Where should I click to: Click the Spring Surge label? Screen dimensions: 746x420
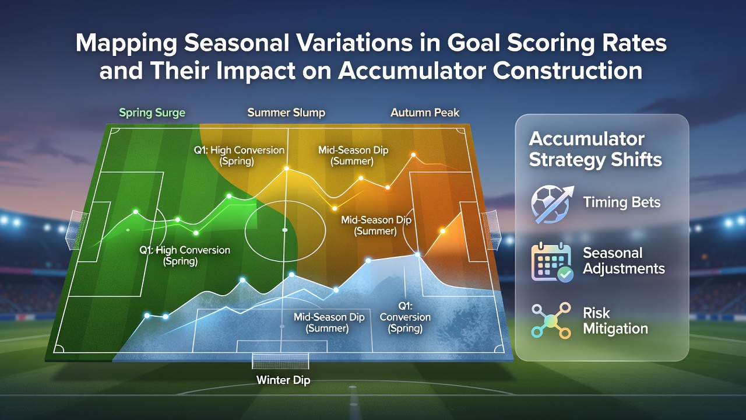(152, 113)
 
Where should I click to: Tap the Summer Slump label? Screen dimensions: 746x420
(286, 113)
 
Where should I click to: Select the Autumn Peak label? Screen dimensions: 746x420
(425, 113)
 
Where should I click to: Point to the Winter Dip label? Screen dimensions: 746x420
(283, 380)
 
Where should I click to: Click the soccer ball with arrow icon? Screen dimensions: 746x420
(552, 204)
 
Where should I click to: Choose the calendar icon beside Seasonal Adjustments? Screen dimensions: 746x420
(552, 262)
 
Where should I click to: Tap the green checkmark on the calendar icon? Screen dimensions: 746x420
(565, 274)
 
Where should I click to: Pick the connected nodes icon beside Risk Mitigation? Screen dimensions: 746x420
(551, 320)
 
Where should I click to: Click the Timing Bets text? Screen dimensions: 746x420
(621, 202)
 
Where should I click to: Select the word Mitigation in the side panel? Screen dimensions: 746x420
(615, 328)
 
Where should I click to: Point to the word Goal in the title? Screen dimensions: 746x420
(478, 43)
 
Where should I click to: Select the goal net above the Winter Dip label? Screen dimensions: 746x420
(280, 361)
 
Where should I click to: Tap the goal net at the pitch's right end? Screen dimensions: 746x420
(491, 230)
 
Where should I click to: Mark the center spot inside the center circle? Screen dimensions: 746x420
(285, 230)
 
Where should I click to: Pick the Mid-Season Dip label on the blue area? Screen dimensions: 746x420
(329, 323)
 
